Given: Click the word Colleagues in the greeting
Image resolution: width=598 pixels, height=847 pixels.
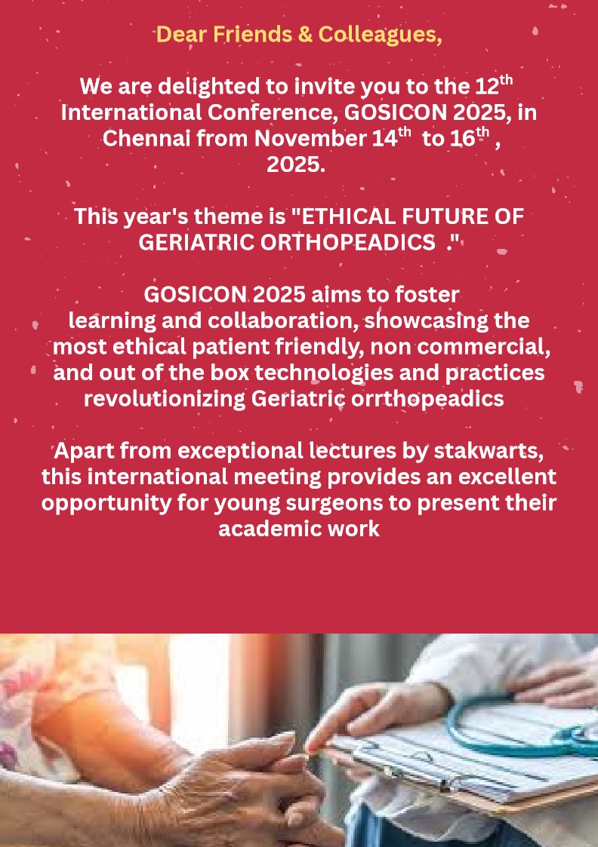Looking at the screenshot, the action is click(380, 35).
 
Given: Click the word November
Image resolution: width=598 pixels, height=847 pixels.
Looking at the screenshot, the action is click(310, 138).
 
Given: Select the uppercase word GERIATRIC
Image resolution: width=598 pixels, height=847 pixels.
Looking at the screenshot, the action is click(196, 243).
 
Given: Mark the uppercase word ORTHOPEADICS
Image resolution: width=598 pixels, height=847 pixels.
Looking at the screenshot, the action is click(347, 243).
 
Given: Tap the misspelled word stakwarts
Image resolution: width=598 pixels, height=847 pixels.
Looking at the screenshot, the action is click(489, 450).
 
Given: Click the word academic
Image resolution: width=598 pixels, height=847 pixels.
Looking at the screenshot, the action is click(262, 528).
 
